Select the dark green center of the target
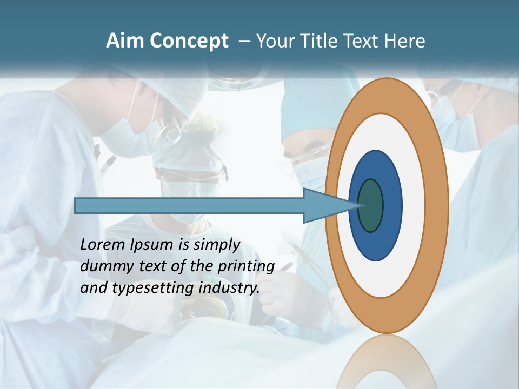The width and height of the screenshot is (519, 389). [370, 206]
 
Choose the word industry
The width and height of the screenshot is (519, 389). [229, 288]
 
